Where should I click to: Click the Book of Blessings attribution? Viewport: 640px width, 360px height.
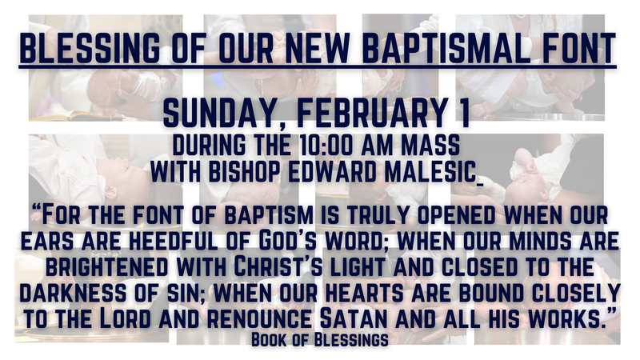click(x=319, y=338)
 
